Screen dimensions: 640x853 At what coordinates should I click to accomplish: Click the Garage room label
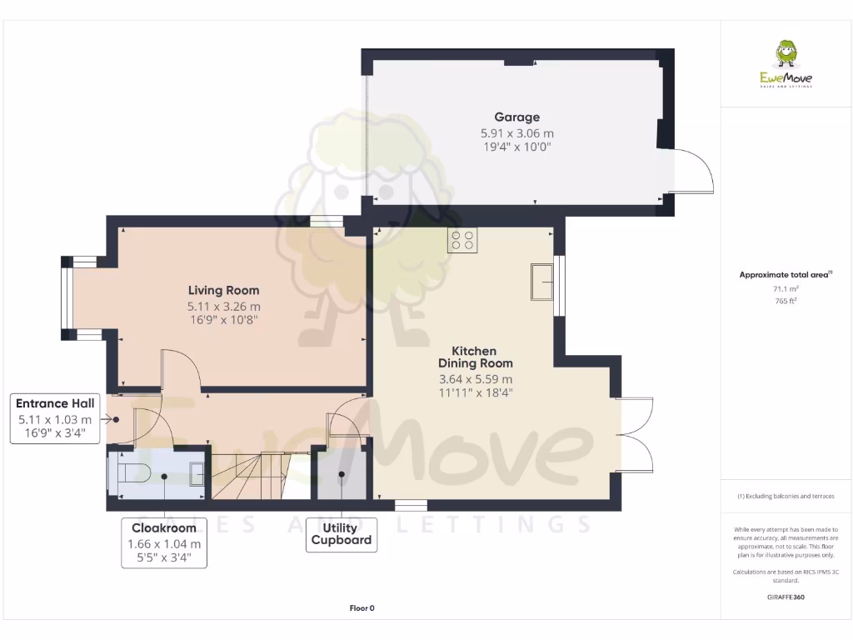point(516,117)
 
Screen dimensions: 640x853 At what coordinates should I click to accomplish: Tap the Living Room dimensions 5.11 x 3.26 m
point(223,306)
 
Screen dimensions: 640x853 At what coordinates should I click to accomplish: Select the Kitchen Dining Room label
point(476,357)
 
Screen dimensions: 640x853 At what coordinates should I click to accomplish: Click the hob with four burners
point(462,240)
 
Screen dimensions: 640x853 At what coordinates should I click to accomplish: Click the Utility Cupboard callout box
point(341,534)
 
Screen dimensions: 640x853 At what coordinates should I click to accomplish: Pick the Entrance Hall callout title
point(55,403)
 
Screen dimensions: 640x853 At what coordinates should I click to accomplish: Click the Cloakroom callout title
point(164,527)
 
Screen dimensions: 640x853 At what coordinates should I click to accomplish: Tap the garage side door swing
point(691,171)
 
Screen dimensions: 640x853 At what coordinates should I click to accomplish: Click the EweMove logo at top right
point(786,64)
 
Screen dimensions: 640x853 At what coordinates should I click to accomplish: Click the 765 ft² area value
point(786,300)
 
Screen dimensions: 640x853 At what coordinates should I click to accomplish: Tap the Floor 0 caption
point(362,608)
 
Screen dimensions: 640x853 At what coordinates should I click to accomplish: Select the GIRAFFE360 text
point(786,597)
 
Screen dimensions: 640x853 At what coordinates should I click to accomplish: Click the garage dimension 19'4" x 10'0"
point(516,147)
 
